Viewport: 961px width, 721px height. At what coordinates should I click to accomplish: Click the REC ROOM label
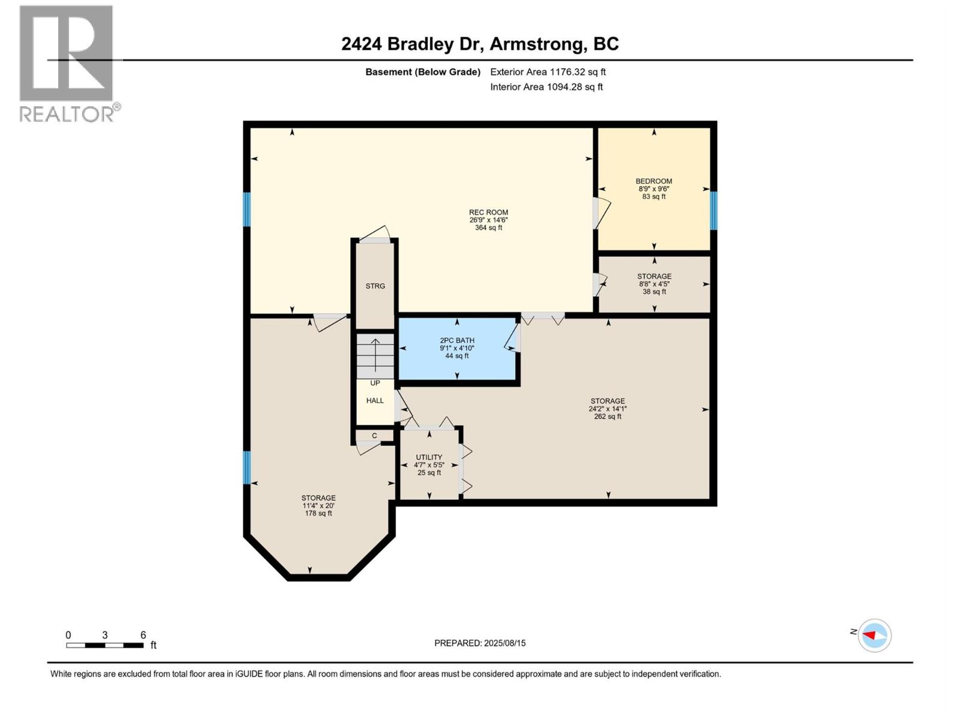coord(488,212)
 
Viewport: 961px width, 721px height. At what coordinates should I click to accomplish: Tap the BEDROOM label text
coord(653,181)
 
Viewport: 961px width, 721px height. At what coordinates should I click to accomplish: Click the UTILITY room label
coord(429,457)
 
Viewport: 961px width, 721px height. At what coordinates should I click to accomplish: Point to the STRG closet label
coord(375,286)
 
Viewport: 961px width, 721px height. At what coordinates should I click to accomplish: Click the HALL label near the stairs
coord(375,401)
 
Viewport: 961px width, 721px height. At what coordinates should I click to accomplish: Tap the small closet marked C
coord(374,436)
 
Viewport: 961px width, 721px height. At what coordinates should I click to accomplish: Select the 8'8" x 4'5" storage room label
coord(654,284)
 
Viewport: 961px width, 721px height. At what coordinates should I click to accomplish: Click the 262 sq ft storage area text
coord(607,416)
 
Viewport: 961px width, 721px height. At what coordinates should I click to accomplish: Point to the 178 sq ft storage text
coord(318,513)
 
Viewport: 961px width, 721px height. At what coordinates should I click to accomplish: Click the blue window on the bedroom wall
coord(714,210)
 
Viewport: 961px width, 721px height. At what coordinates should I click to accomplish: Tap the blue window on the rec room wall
coord(246,209)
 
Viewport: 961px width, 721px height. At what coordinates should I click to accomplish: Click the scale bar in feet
coord(105,645)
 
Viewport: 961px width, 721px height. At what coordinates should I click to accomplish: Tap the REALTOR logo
coord(67,63)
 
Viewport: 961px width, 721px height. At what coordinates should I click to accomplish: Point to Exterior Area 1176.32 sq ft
coord(548,71)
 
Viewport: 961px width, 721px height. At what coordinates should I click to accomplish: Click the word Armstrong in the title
coord(538,44)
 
